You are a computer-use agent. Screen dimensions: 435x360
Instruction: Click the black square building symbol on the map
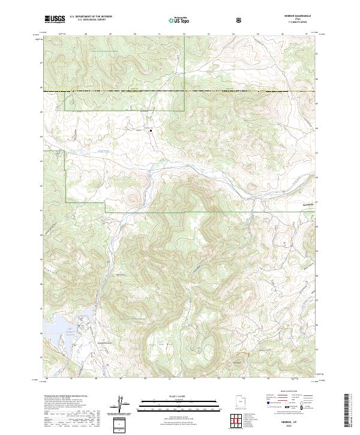point(151,128)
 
